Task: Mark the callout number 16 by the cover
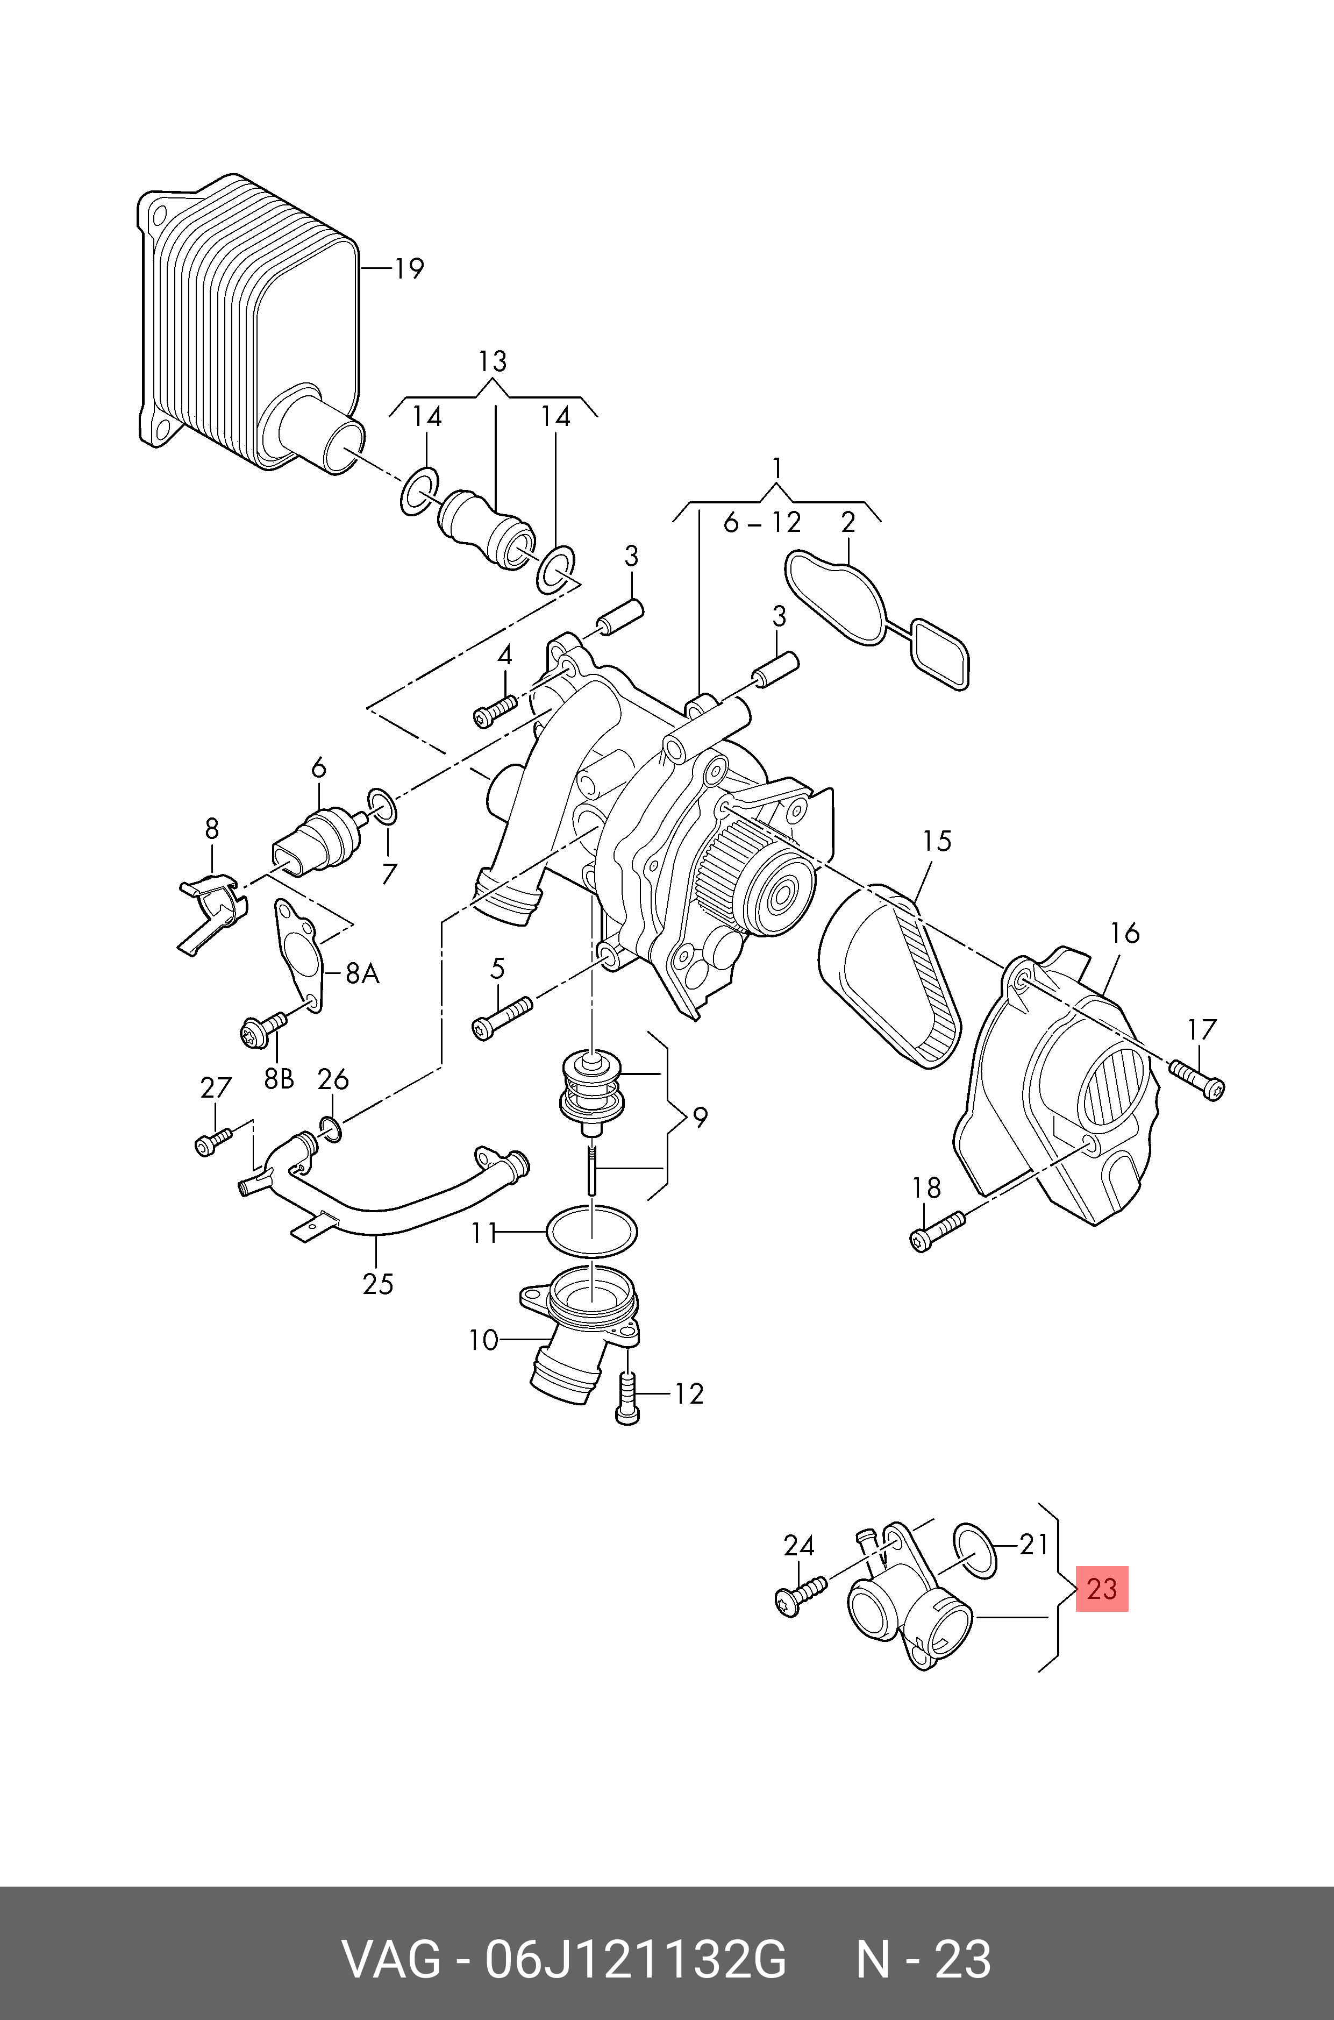pyautogui.click(x=1125, y=934)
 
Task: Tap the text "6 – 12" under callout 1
pyautogui.click(x=762, y=522)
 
